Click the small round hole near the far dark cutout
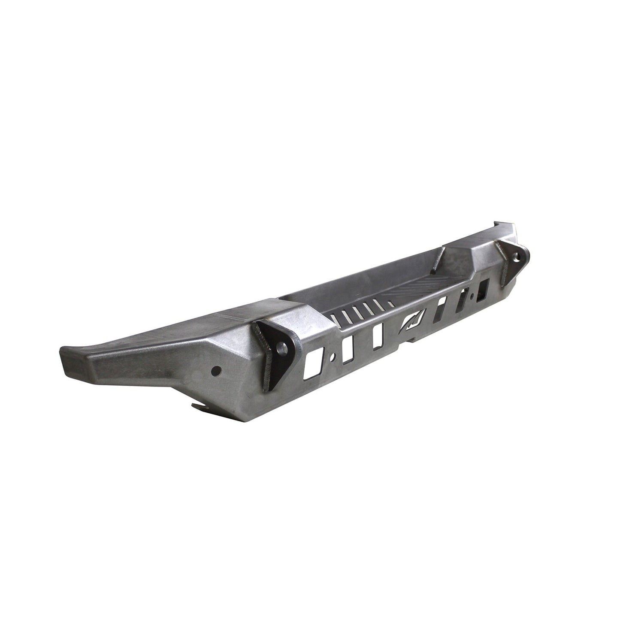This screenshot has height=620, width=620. tap(472, 296)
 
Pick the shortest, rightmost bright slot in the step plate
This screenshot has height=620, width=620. tap(389, 304)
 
